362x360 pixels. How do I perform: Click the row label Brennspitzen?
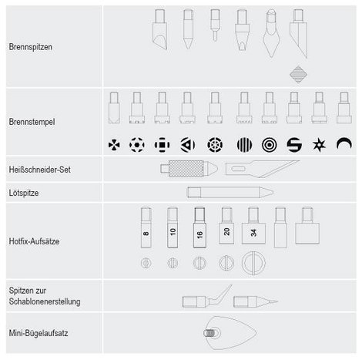coord(30,47)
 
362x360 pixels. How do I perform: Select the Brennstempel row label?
coord(32,122)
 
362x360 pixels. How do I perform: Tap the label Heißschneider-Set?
coord(39,170)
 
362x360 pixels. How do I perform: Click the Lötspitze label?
coord(24,193)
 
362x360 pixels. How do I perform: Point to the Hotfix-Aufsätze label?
coord(34,241)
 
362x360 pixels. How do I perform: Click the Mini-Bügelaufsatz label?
coord(39,333)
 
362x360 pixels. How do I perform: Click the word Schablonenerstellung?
coord(45,301)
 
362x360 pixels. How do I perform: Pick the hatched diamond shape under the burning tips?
coord(298,75)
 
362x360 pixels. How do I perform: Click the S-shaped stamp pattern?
coord(294,145)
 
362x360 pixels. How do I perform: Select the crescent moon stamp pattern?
coord(344,143)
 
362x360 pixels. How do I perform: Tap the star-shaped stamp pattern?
coord(319,145)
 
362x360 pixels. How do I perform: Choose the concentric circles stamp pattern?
coord(270,145)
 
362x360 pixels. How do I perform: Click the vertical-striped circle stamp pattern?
coord(244,145)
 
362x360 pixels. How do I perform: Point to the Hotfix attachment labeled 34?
coord(253,226)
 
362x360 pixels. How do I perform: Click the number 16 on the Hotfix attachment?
coord(199,234)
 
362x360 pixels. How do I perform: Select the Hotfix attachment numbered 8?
coord(146,227)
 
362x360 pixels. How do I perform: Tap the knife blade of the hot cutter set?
coord(262,168)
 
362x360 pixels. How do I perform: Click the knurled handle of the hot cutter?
coord(186,169)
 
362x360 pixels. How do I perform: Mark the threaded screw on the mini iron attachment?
coord(209,333)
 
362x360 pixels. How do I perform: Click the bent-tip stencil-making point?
coord(207,298)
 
